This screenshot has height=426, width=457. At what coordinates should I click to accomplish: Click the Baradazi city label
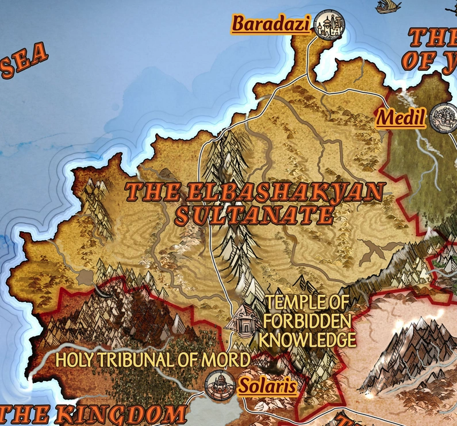click(271, 24)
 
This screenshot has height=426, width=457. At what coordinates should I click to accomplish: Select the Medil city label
click(401, 118)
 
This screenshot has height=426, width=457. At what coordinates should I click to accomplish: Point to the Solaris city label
click(267, 386)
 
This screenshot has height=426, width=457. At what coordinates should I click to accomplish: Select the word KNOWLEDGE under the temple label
click(307, 339)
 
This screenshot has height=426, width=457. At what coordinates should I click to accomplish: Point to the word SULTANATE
click(254, 216)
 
